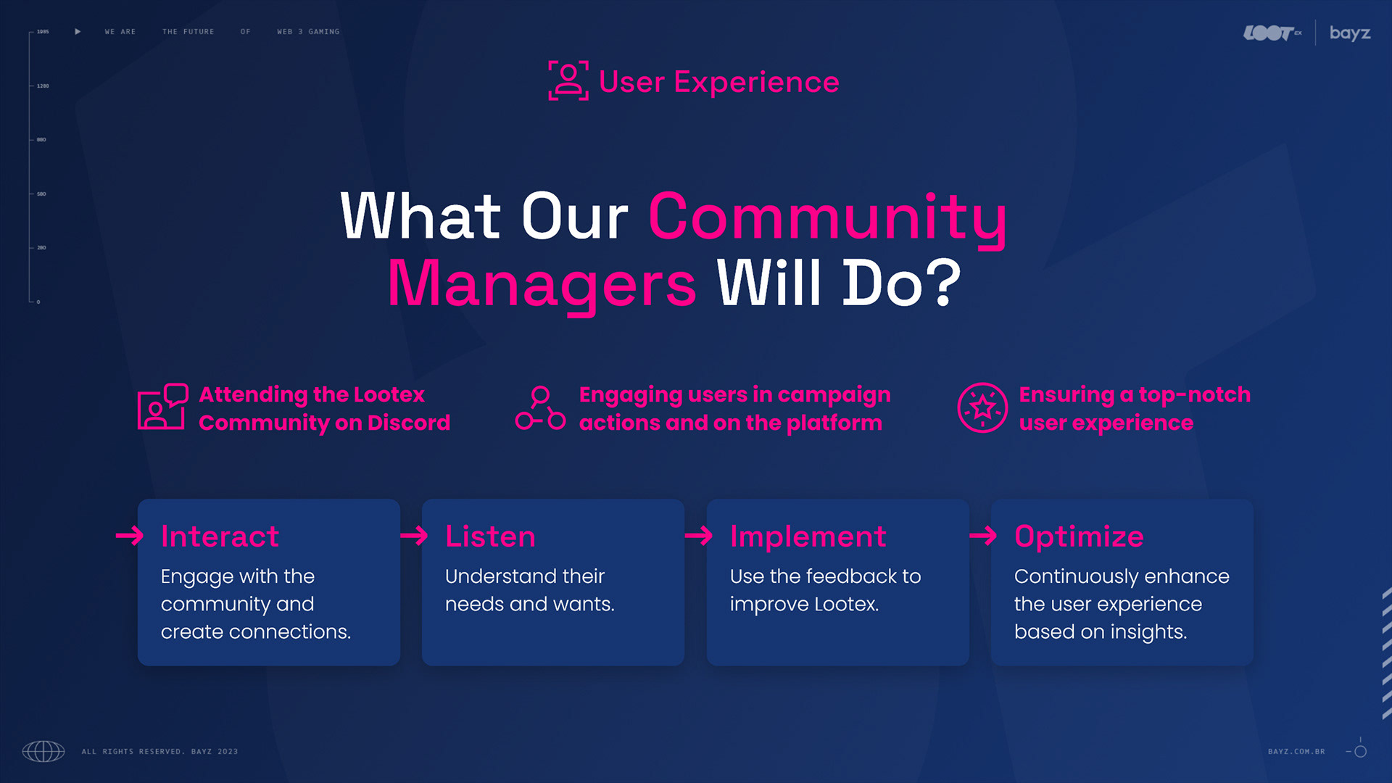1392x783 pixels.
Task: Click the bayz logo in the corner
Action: pos(1349,33)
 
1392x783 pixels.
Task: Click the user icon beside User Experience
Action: pos(568,80)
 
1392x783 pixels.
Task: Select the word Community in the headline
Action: pos(827,217)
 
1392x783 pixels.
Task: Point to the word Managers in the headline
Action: pos(542,284)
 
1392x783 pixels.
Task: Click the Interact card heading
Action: pos(220,536)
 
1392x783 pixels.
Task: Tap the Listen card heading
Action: pos(490,536)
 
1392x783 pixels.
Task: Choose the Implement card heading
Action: pos(808,536)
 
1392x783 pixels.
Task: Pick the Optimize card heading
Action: pos(1079,536)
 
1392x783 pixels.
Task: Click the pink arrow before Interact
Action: pos(130,536)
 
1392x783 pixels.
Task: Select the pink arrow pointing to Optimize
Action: pos(983,536)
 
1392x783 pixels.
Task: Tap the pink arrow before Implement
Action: pos(699,536)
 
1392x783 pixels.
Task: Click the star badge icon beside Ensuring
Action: pos(982,407)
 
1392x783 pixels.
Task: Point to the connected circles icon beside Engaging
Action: pos(540,408)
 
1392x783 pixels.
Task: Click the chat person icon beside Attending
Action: pos(162,407)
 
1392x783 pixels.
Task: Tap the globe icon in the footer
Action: pos(43,751)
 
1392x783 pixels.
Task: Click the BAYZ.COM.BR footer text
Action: pos(1296,752)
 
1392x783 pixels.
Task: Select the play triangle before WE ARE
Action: pos(78,32)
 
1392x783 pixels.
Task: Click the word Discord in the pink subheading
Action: pos(408,423)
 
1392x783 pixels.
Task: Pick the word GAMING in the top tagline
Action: pos(323,32)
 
